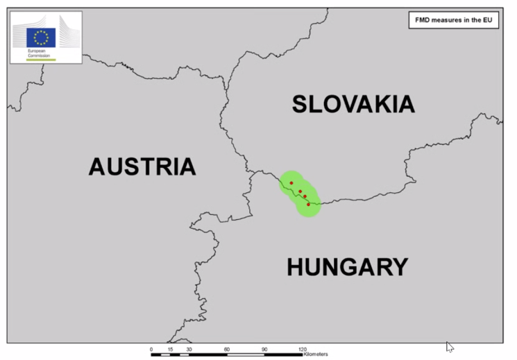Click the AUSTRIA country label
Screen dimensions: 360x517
point(142,166)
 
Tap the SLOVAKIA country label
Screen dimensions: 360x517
point(353,104)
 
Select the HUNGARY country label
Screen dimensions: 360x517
point(347,266)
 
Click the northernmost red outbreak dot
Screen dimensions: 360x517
point(291,183)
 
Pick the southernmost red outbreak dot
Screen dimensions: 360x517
point(308,204)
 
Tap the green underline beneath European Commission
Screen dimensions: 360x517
point(40,60)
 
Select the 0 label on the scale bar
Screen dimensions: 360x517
point(151,348)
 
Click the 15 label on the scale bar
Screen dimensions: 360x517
point(170,348)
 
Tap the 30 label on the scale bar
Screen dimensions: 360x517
point(189,348)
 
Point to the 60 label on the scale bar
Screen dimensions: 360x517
point(227,348)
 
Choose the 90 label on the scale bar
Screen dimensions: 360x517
point(264,348)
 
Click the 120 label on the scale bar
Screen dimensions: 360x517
point(303,348)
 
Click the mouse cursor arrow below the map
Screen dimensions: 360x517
point(450,346)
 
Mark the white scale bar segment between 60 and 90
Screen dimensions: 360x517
point(246,354)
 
